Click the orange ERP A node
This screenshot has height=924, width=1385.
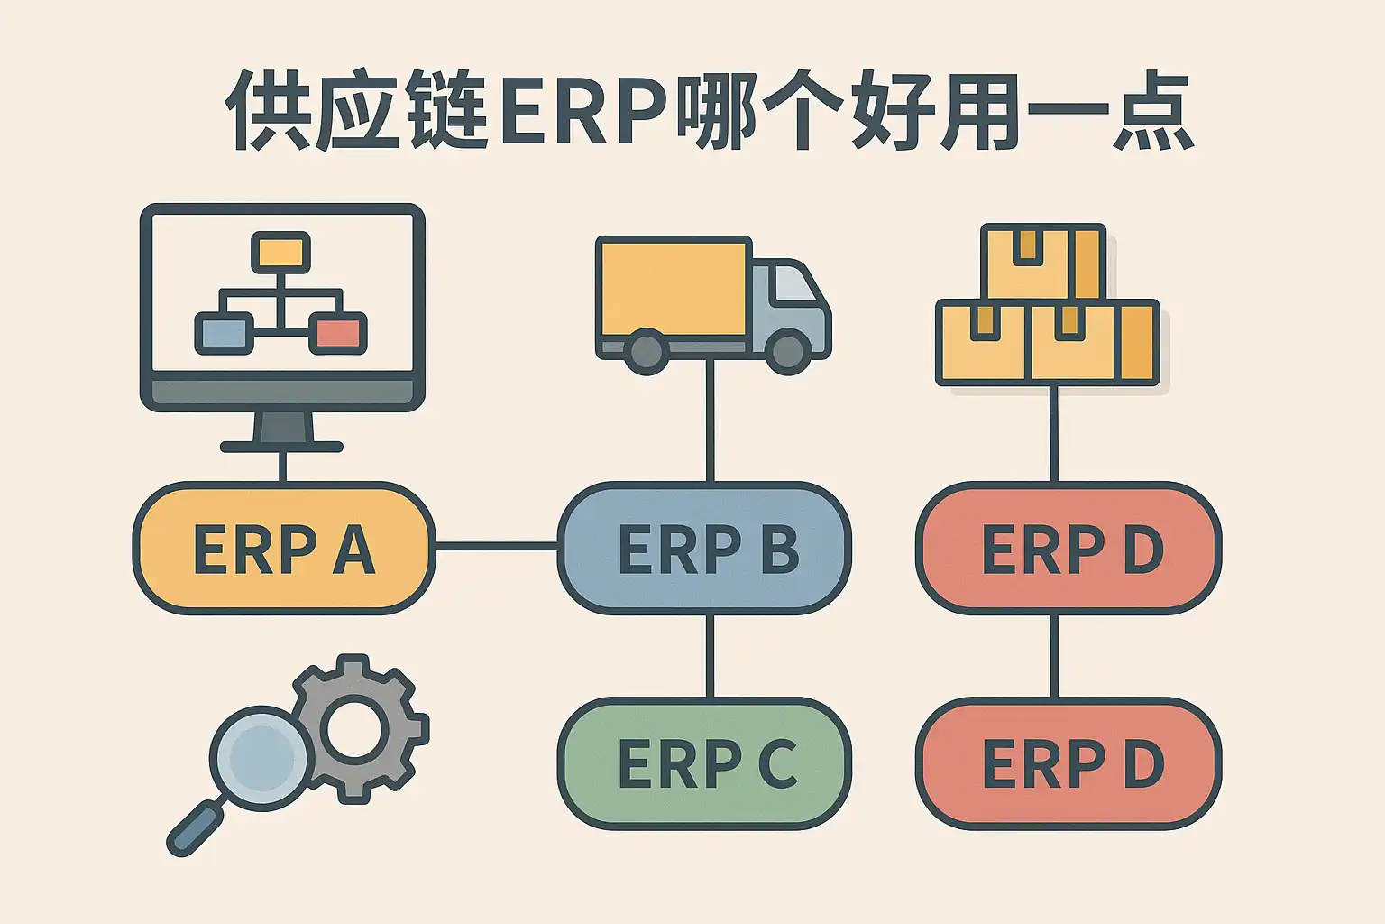pyautogui.click(x=283, y=548)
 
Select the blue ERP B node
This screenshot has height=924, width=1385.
pyautogui.click(x=704, y=548)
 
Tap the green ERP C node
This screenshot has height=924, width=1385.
pyautogui.click(x=704, y=763)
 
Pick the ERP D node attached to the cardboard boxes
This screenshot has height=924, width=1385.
pyautogui.click(x=1069, y=548)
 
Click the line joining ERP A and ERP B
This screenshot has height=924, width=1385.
pyautogui.click(x=496, y=546)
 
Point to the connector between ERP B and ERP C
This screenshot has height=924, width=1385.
pyautogui.click(x=710, y=656)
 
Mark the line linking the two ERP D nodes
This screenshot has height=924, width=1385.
pyautogui.click(x=1054, y=656)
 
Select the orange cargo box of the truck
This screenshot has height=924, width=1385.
pyautogui.click(x=673, y=288)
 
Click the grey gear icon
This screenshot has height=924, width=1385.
pyautogui.click(x=356, y=727)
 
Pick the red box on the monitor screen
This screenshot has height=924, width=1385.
pyautogui.click(x=338, y=333)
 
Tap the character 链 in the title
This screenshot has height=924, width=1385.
pyautogui.click(x=447, y=114)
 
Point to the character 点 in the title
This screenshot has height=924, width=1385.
pyautogui.click(x=1153, y=114)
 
